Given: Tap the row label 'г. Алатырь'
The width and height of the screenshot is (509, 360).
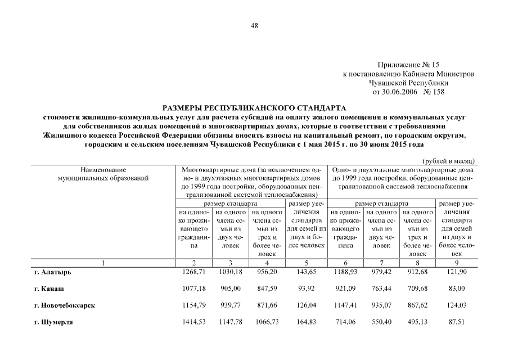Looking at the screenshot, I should tap(52, 272).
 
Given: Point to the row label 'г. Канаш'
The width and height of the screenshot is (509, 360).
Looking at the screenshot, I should tap(48, 288).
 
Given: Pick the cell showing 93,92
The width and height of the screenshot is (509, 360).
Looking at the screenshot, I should tap(306, 288).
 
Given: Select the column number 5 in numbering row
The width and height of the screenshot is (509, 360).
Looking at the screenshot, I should tap(306, 263).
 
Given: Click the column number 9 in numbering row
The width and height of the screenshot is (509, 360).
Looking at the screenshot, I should tap(456, 263).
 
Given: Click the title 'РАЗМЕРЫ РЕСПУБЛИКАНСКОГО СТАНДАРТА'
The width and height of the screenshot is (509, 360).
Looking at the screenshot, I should tap(255, 107).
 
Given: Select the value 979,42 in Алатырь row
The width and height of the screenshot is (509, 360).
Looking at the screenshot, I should tap(382, 272).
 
